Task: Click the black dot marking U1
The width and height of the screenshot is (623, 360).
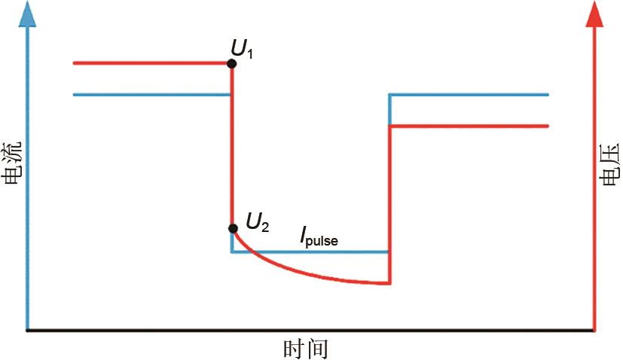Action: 231,63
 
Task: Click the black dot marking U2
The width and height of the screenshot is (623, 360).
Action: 234,228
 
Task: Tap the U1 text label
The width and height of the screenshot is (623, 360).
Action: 242,50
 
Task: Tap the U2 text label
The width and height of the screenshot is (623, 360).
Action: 258,221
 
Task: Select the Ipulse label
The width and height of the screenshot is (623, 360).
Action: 319,239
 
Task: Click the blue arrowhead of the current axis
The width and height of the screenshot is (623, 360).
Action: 27,14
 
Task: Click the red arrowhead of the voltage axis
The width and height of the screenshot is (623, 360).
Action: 595,14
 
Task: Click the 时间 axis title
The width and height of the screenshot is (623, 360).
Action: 306,348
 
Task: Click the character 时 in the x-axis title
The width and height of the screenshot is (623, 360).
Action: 294,348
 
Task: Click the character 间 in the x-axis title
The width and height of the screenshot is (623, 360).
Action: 317,348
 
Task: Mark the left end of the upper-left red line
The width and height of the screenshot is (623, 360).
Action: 74,63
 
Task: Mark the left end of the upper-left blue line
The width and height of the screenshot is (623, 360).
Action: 75,95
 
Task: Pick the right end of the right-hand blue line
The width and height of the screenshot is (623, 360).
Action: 548,95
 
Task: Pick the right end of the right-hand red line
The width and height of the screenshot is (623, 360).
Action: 548,126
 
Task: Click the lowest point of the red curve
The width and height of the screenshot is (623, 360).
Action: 389,284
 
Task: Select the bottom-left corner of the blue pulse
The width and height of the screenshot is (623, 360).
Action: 231,252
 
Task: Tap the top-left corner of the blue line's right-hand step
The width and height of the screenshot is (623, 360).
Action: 389,95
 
